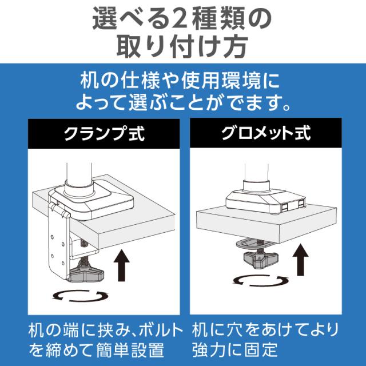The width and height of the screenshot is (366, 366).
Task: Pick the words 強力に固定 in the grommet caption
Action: click(x=234, y=348)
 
